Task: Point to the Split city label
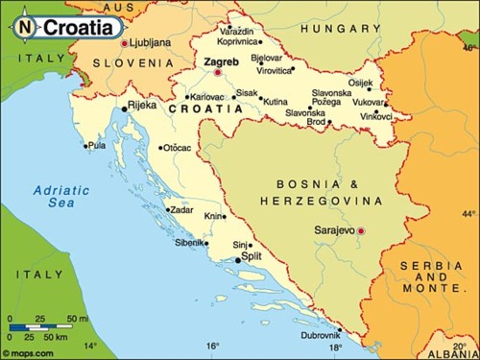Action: (x=252, y=257)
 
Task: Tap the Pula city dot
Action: (x=85, y=147)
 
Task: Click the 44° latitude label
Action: (x=468, y=213)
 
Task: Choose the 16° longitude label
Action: (x=212, y=347)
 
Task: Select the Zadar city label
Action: (x=180, y=208)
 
